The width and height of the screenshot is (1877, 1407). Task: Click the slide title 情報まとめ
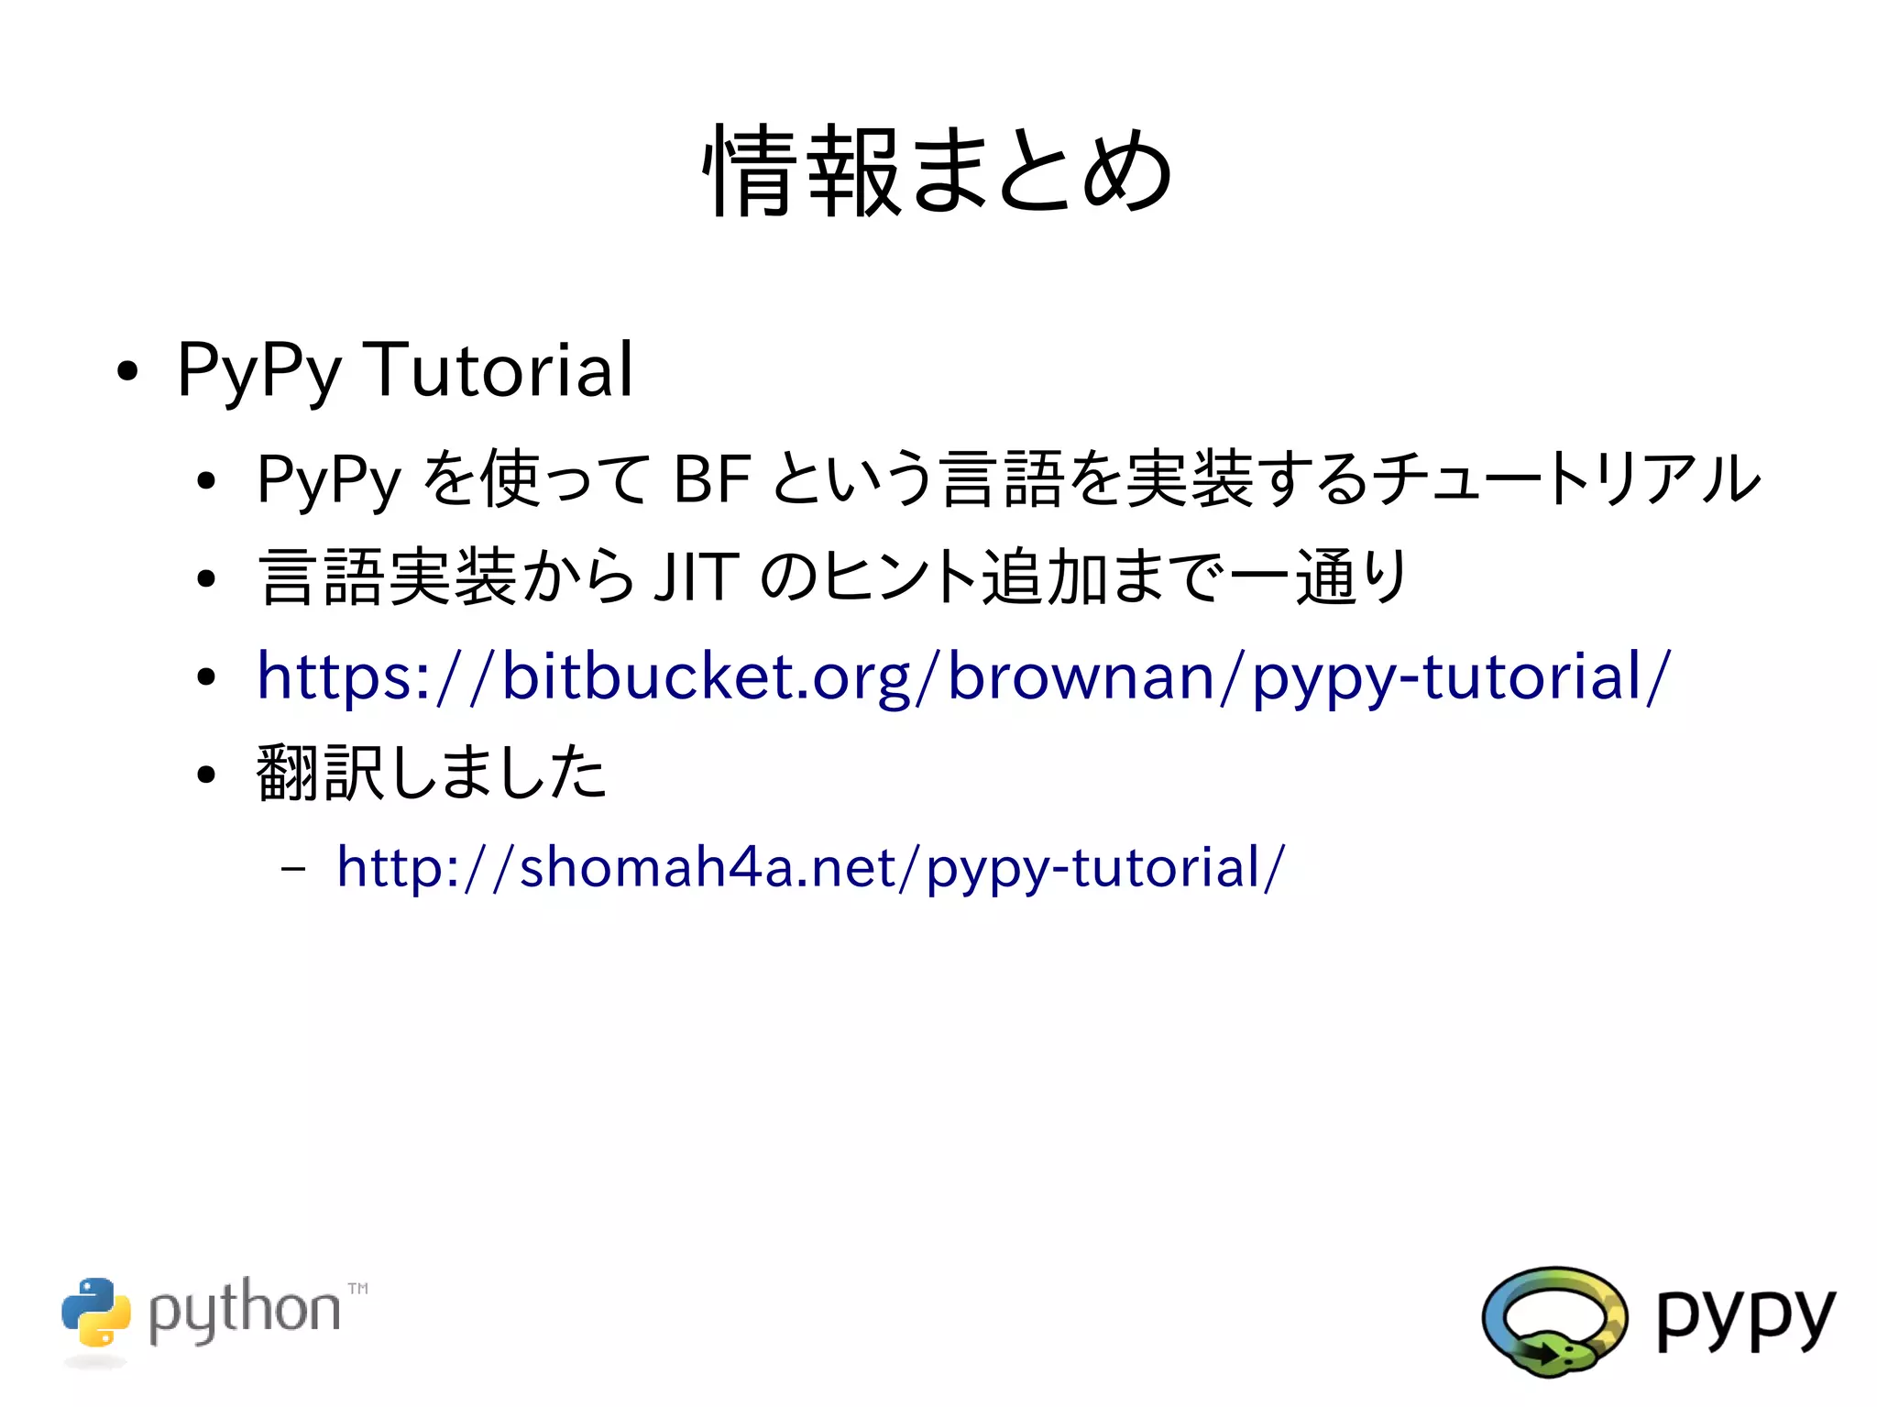pos(937,171)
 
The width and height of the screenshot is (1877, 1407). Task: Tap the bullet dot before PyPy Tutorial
pos(127,372)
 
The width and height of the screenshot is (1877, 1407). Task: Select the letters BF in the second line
pos(711,479)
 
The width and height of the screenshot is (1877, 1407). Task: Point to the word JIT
pos(696,577)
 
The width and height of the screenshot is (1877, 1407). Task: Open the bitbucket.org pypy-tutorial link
pos(963,676)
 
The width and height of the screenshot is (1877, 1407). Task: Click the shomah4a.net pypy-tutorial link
pos(810,867)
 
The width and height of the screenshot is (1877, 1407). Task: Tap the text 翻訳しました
pos(431,773)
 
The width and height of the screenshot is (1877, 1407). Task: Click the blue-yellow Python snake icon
pos(96,1313)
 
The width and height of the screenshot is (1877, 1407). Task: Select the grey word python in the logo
pos(244,1311)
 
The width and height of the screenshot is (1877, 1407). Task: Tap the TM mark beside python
pos(358,1289)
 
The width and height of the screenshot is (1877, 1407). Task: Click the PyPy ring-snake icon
pos(1554,1320)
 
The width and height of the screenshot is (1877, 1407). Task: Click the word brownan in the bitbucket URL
pos(1081,676)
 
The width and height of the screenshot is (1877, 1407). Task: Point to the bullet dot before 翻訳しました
pos(207,775)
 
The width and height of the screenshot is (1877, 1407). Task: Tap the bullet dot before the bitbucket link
pos(207,677)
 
